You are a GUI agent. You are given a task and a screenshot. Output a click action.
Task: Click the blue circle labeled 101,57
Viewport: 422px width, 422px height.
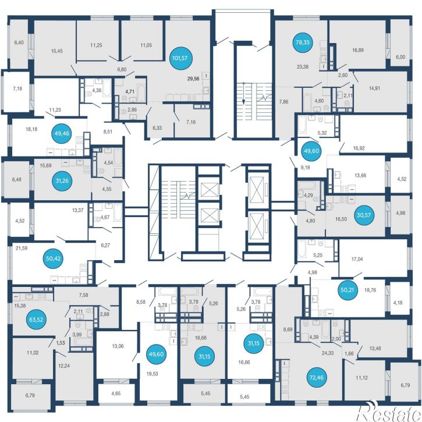point(180,58)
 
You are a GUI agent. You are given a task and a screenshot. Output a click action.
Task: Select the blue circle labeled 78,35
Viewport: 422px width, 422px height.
point(303,42)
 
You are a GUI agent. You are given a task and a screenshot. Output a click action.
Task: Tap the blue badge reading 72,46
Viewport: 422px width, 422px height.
point(317,377)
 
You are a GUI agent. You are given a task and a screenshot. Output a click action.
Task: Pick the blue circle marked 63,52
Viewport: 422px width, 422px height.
point(36,320)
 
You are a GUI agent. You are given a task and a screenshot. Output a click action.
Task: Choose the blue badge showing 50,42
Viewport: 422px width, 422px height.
point(54,258)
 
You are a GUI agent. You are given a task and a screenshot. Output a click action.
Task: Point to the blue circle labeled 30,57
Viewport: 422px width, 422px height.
point(364,215)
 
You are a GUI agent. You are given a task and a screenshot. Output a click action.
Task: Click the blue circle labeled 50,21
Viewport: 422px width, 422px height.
point(347,290)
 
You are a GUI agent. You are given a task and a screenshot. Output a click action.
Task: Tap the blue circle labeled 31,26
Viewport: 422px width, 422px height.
point(62,180)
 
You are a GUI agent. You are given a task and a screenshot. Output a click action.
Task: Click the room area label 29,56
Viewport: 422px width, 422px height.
point(193,79)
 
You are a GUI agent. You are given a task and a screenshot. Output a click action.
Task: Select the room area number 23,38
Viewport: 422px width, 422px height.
point(303,67)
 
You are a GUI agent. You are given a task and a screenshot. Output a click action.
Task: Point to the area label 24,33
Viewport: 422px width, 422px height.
point(328,353)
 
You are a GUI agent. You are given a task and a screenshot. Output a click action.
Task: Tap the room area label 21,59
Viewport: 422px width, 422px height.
point(22,248)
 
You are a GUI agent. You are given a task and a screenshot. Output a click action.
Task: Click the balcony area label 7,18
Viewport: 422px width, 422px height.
point(17,88)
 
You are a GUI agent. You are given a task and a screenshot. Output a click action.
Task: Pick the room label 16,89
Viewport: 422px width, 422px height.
point(358,50)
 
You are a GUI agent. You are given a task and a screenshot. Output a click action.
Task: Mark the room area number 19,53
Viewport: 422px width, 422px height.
point(152,373)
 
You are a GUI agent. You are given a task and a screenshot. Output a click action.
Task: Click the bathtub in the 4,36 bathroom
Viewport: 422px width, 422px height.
point(107,88)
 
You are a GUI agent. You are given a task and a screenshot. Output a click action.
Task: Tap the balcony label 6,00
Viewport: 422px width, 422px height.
point(400,57)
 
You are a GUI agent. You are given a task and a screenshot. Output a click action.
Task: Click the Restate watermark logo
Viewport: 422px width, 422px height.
point(389,411)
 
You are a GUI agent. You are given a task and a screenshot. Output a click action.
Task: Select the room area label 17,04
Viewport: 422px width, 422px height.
point(357,259)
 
